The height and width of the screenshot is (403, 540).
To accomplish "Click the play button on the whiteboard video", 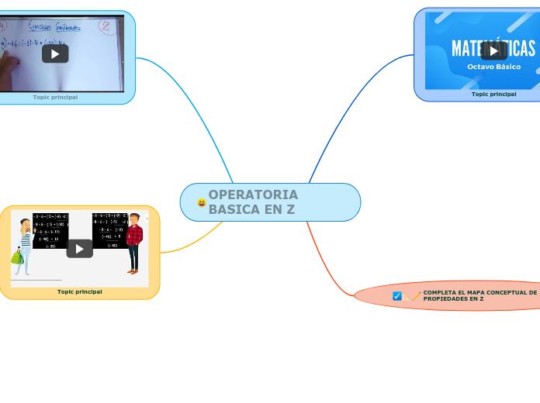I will point(55,53).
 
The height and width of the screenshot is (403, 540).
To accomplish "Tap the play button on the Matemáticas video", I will point(493,51).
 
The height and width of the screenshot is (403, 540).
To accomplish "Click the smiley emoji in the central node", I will point(202,203).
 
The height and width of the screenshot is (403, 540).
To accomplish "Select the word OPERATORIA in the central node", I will point(253,195).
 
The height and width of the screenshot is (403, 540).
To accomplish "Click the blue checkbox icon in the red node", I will point(397,296).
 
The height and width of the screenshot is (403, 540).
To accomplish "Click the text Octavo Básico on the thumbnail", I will point(493,67).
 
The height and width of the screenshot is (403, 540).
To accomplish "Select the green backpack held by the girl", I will point(17,256).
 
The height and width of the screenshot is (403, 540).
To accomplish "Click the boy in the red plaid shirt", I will point(134,241).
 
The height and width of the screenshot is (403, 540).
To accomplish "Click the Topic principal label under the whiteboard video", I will point(55,98).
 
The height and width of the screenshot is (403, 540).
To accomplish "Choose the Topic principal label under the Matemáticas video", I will point(493,94).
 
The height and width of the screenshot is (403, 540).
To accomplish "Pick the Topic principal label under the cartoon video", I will point(79,292).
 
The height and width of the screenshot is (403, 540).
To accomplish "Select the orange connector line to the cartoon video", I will point(190,243).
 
